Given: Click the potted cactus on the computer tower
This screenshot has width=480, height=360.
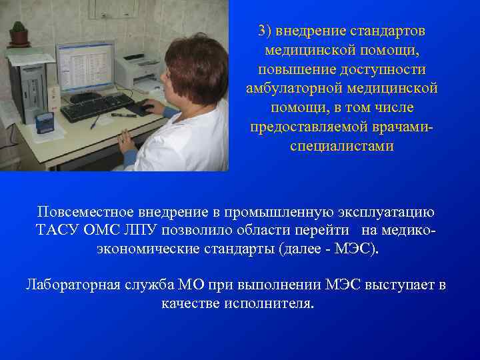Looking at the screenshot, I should [19, 33].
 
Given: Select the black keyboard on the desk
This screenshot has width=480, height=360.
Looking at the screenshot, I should [97, 107].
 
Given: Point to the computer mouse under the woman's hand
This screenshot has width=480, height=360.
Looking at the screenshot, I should [141, 109].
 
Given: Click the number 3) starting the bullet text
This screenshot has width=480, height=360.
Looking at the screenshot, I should [265, 31].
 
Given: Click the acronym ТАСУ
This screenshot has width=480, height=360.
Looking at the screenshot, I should [57, 231].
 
